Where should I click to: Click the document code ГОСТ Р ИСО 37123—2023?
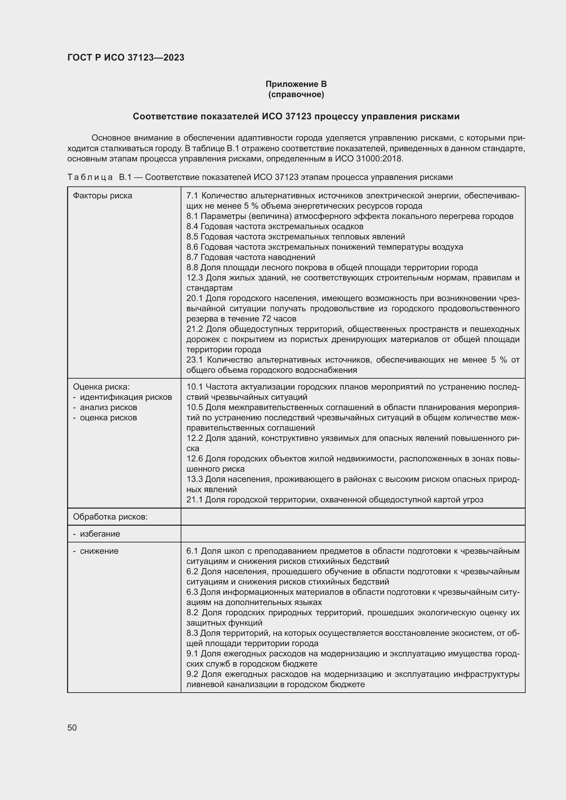point(126,58)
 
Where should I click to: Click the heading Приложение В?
point(296,84)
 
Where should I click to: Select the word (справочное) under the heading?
point(296,94)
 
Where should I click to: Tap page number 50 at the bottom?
point(72,727)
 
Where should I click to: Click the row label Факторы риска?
point(102,196)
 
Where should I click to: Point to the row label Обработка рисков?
point(110,517)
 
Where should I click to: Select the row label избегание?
point(100,534)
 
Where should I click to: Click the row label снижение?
point(99,551)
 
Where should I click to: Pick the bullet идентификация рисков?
point(126,397)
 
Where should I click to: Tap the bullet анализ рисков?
point(108,407)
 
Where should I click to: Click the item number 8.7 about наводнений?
point(192,257)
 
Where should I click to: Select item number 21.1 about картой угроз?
point(194,500)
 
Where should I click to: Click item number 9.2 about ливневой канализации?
point(192,674)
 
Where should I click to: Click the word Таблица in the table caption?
point(90,178)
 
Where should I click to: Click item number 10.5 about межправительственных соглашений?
point(194,407)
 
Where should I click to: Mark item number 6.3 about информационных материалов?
point(192,592)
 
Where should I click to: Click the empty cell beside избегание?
point(353,534)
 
